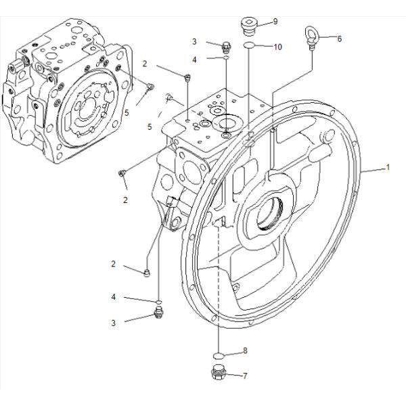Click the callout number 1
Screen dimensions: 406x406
click(388, 168)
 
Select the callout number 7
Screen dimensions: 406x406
click(245, 376)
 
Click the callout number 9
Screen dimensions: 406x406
click(275, 22)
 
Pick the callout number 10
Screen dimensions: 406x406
click(277, 47)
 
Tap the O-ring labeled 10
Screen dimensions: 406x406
click(249, 46)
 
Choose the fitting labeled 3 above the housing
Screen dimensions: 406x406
click(227, 46)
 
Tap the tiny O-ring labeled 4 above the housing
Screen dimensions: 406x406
click(226, 59)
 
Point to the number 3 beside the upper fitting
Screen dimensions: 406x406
click(194, 42)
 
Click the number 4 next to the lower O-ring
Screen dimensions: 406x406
click(114, 296)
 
